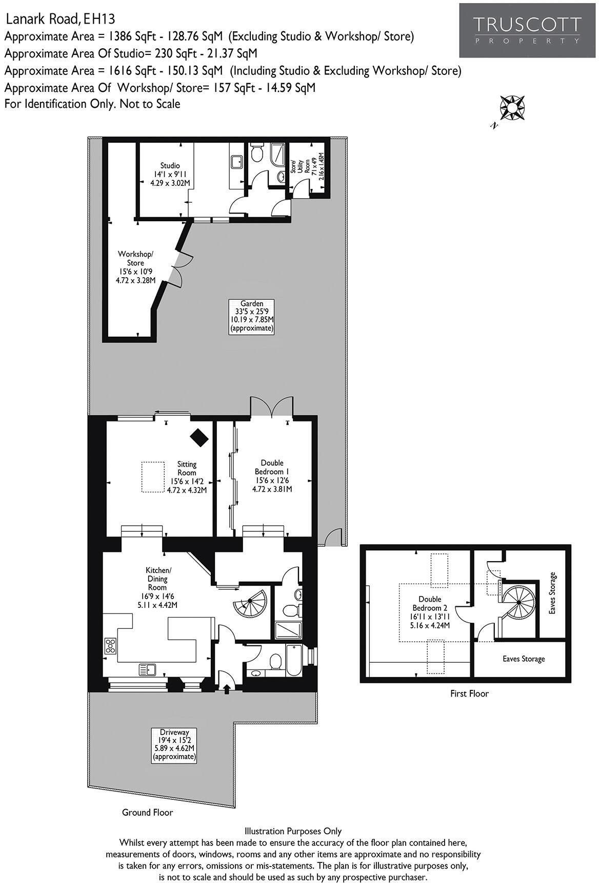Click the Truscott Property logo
click(527, 30)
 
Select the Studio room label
click(170, 174)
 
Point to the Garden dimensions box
click(251, 316)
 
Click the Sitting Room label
click(187, 477)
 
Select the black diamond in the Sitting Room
click(199, 437)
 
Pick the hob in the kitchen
click(110, 645)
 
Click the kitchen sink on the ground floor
click(147, 669)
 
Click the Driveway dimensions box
click(174, 744)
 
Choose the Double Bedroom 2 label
click(429, 612)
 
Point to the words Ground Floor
click(147, 812)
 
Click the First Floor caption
click(469, 694)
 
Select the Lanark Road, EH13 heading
click(60, 20)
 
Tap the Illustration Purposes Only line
click(293, 831)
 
